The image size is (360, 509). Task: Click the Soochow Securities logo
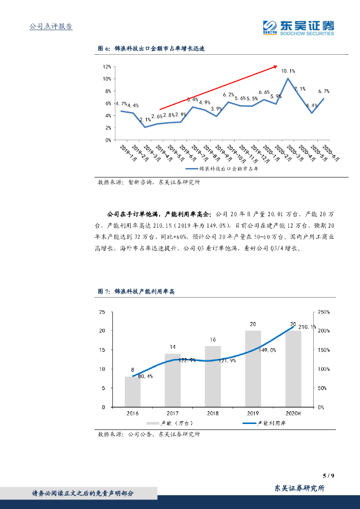click(298, 27)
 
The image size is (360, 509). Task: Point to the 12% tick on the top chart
click(107, 67)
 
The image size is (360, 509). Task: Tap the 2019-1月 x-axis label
click(127, 152)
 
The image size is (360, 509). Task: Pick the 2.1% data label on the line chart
click(145, 120)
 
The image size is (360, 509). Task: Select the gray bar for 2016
click(132, 392)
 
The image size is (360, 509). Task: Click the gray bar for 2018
click(213, 376)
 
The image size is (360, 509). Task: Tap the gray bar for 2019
click(253, 368)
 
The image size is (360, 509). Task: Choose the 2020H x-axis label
click(293, 414)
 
